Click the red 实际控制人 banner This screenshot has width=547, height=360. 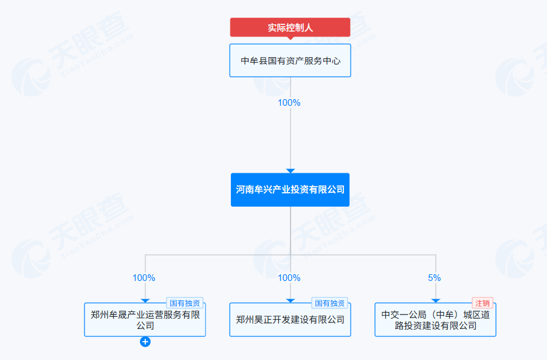pos(290,27)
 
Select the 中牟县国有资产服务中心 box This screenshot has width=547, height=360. pos(290,60)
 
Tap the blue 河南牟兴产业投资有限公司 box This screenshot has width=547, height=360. pos(290,190)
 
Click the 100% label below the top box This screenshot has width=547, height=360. pos(289,103)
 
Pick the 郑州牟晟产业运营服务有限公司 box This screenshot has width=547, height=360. pos(145,320)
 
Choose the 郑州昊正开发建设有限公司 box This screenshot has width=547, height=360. pos(290,320)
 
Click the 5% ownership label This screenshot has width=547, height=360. pos(435,278)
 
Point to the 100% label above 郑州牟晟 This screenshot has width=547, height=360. pos(144,278)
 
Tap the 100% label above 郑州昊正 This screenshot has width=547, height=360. pos(289,278)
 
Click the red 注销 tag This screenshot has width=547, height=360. pos(483,303)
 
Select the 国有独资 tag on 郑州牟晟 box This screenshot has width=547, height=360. pos(185,303)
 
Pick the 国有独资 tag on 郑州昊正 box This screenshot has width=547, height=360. pos(330,303)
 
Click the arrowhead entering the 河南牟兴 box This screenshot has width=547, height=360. pos(291,171)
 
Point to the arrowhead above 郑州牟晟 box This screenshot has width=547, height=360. pos(145,300)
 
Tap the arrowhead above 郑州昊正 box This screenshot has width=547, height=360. pos(291,300)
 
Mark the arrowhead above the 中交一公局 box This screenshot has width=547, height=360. pos(436,300)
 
